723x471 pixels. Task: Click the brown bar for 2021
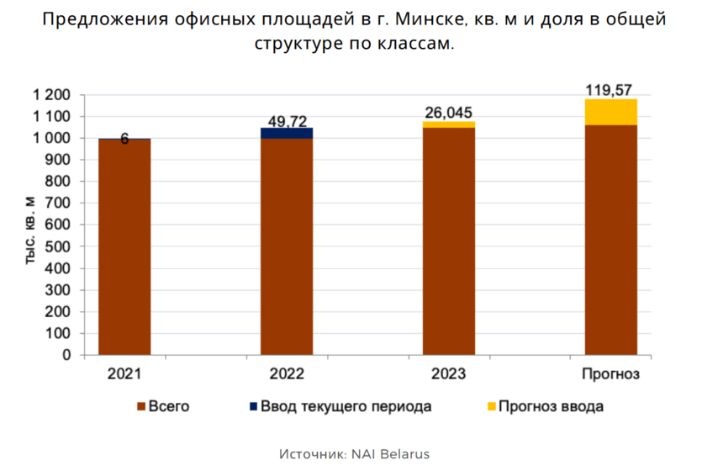124,246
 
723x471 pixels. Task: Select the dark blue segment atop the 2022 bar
287,133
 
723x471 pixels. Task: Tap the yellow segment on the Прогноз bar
611,112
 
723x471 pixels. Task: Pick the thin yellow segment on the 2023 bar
449,124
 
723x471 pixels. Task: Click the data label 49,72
287,120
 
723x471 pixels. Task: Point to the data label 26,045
449,113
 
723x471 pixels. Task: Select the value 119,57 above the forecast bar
611,88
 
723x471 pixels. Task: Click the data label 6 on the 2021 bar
124,140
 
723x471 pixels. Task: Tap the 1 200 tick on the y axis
52,95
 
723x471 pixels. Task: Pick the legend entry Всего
168,407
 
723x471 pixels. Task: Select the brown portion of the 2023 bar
449,241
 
